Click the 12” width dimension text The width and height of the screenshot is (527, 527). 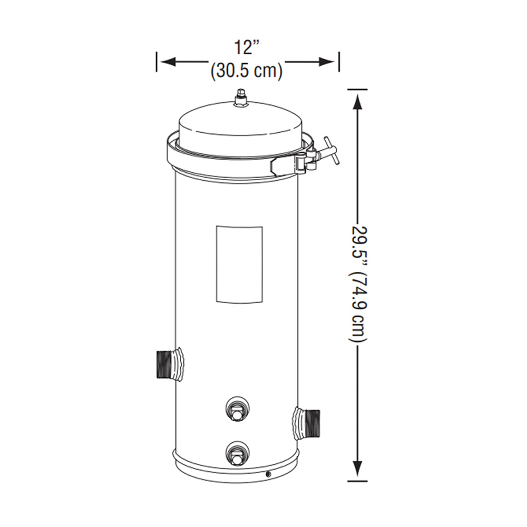click(247, 47)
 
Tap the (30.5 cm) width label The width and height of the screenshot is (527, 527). click(246, 71)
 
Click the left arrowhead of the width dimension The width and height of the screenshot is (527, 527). click(169, 62)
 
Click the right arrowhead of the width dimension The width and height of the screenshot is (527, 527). click(327, 62)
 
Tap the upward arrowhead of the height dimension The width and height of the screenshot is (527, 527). click(358, 102)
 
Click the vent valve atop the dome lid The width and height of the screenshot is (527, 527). click(240, 98)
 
